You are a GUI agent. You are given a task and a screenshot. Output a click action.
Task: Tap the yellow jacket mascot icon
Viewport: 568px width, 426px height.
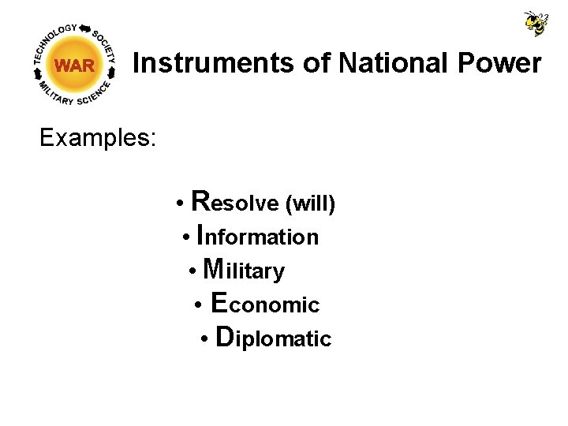coord(536,23)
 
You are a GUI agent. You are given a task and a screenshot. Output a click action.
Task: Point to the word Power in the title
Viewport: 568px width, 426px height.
coord(504,63)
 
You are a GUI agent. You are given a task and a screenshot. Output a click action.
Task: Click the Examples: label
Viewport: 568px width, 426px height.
coord(98,138)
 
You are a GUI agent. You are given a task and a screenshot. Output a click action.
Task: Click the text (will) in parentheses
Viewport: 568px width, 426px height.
coord(310,204)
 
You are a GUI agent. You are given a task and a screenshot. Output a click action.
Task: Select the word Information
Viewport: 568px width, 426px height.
coord(257,236)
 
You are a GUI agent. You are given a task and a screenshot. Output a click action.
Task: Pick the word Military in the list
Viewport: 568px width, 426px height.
coord(243,271)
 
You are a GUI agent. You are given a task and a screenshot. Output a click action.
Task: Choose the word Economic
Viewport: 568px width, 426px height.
coord(266,304)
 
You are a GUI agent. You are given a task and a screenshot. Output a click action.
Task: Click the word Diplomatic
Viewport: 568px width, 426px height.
coord(273,338)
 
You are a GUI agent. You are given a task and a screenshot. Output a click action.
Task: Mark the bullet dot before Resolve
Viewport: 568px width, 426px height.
coord(181,204)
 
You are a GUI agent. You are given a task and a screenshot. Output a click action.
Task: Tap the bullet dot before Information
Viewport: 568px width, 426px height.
coord(185,238)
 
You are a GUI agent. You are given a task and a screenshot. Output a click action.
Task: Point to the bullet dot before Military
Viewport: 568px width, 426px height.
coord(193,272)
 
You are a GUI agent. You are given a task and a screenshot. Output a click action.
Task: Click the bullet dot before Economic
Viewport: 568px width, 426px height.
coord(200,306)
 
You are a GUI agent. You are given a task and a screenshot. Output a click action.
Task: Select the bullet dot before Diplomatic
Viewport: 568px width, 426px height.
coord(204,341)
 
